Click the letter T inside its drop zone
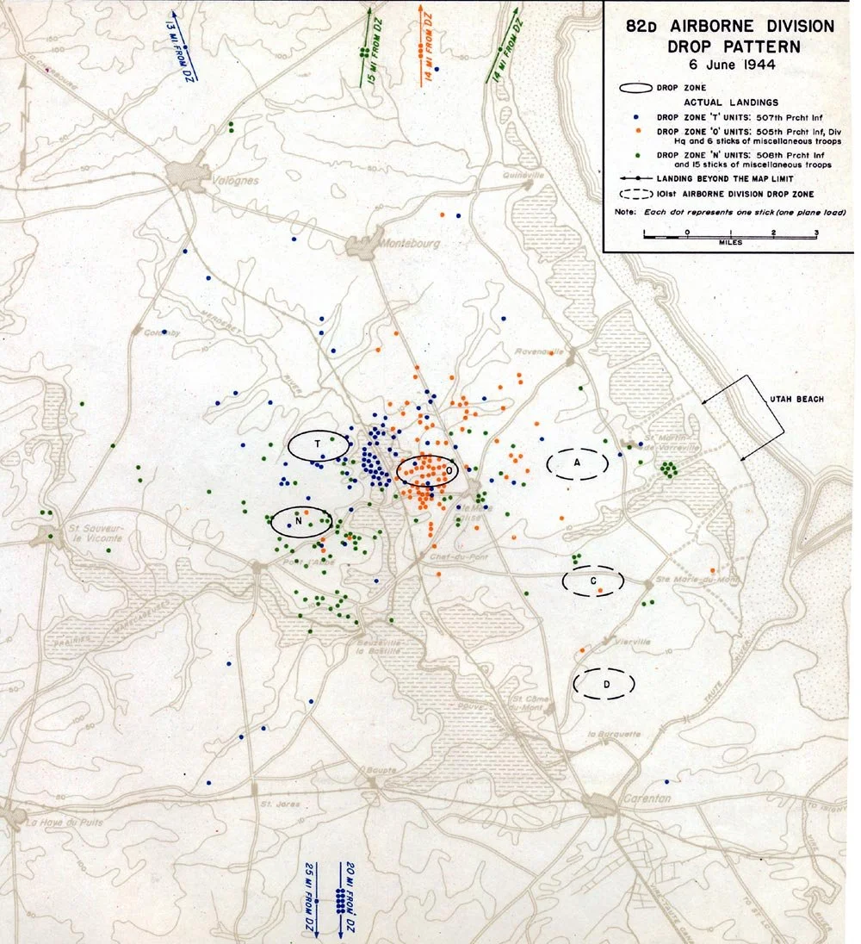pyautogui.click(x=318, y=444)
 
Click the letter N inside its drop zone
pyautogui.click(x=298, y=522)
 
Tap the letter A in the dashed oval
pyautogui.click(x=578, y=463)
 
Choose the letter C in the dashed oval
pyautogui.click(x=593, y=581)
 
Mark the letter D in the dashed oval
pyautogui.click(x=606, y=684)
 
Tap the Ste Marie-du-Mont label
pyautogui.click(x=685, y=580)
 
